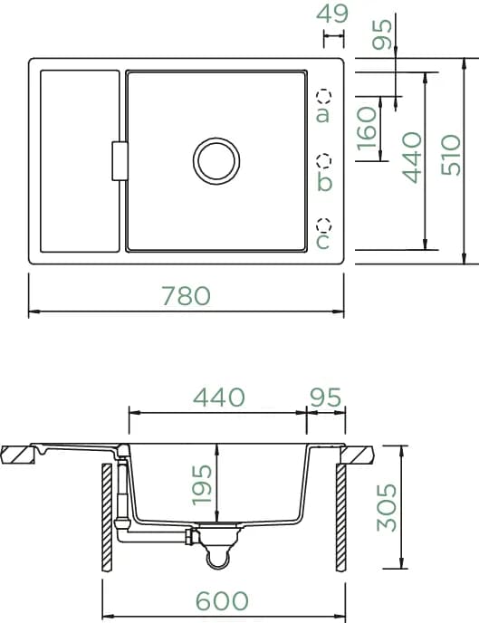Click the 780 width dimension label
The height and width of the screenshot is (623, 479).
pyautogui.click(x=187, y=296)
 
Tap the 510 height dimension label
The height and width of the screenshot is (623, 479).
pyautogui.click(x=451, y=155)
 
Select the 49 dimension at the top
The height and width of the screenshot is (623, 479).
pyautogui.click(x=332, y=14)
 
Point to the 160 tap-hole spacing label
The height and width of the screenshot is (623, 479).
pyautogui.click(x=366, y=129)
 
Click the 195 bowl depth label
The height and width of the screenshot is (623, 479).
pyautogui.click(x=202, y=484)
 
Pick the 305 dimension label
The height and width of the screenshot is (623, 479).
pyautogui.click(x=386, y=507)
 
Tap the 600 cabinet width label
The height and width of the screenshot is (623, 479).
pyautogui.click(x=223, y=600)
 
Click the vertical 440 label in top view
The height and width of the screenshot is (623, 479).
pyautogui.click(x=411, y=158)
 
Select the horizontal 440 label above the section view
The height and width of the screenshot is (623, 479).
pyautogui.click(x=219, y=397)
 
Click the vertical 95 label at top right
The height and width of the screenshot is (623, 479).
pyautogui.click(x=382, y=34)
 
